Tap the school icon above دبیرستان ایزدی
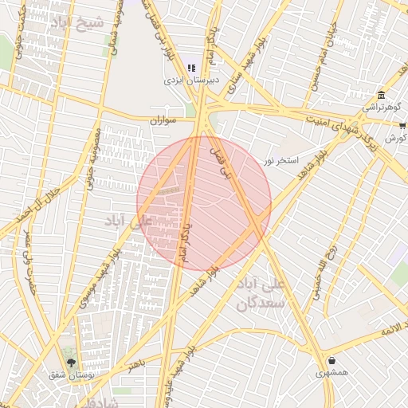pyautogui.click(x=191, y=68)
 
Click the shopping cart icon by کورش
pyautogui.click(x=402, y=126)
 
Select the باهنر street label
pyautogui.click(x=136, y=364)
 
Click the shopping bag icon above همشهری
pyautogui.click(x=331, y=360)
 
